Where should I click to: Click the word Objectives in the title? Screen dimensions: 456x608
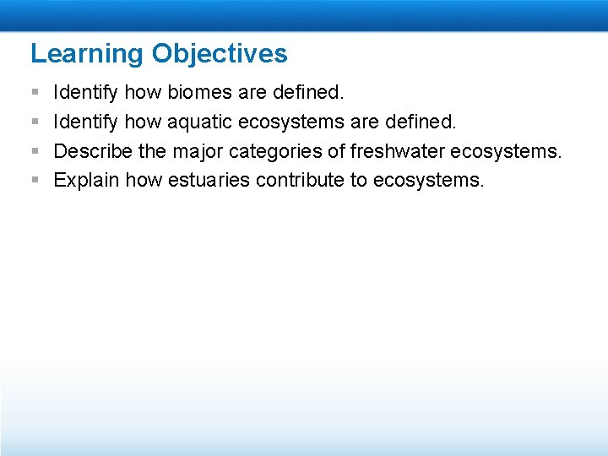(x=220, y=54)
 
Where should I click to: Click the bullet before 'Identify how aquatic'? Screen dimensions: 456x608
(x=34, y=122)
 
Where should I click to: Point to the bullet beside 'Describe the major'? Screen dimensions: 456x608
(x=34, y=151)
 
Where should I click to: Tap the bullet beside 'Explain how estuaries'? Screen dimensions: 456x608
(x=34, y=180)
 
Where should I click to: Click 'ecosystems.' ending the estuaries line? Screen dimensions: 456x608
(x=429, y=180)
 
